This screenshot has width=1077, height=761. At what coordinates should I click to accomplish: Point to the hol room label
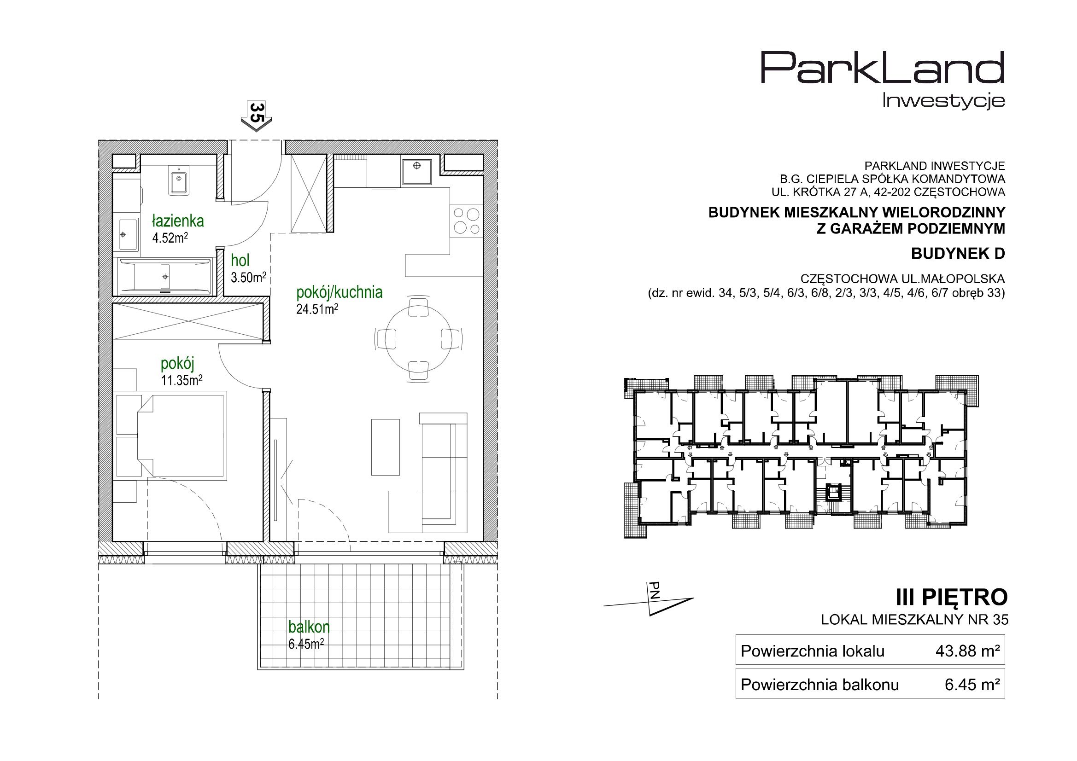[x=240, y=260]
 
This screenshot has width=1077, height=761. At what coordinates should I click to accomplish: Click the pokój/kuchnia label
[x=339, y=292]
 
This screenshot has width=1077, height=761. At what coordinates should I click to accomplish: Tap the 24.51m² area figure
[x=317, y=309]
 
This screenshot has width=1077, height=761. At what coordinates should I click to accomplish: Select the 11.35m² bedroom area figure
[x=181, y=380]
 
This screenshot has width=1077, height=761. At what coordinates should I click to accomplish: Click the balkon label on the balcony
[x=309, y=627]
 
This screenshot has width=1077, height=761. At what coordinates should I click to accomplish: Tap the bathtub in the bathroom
[x=165, y=276]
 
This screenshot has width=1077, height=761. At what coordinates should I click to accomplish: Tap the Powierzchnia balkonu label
[x=819, y=685]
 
